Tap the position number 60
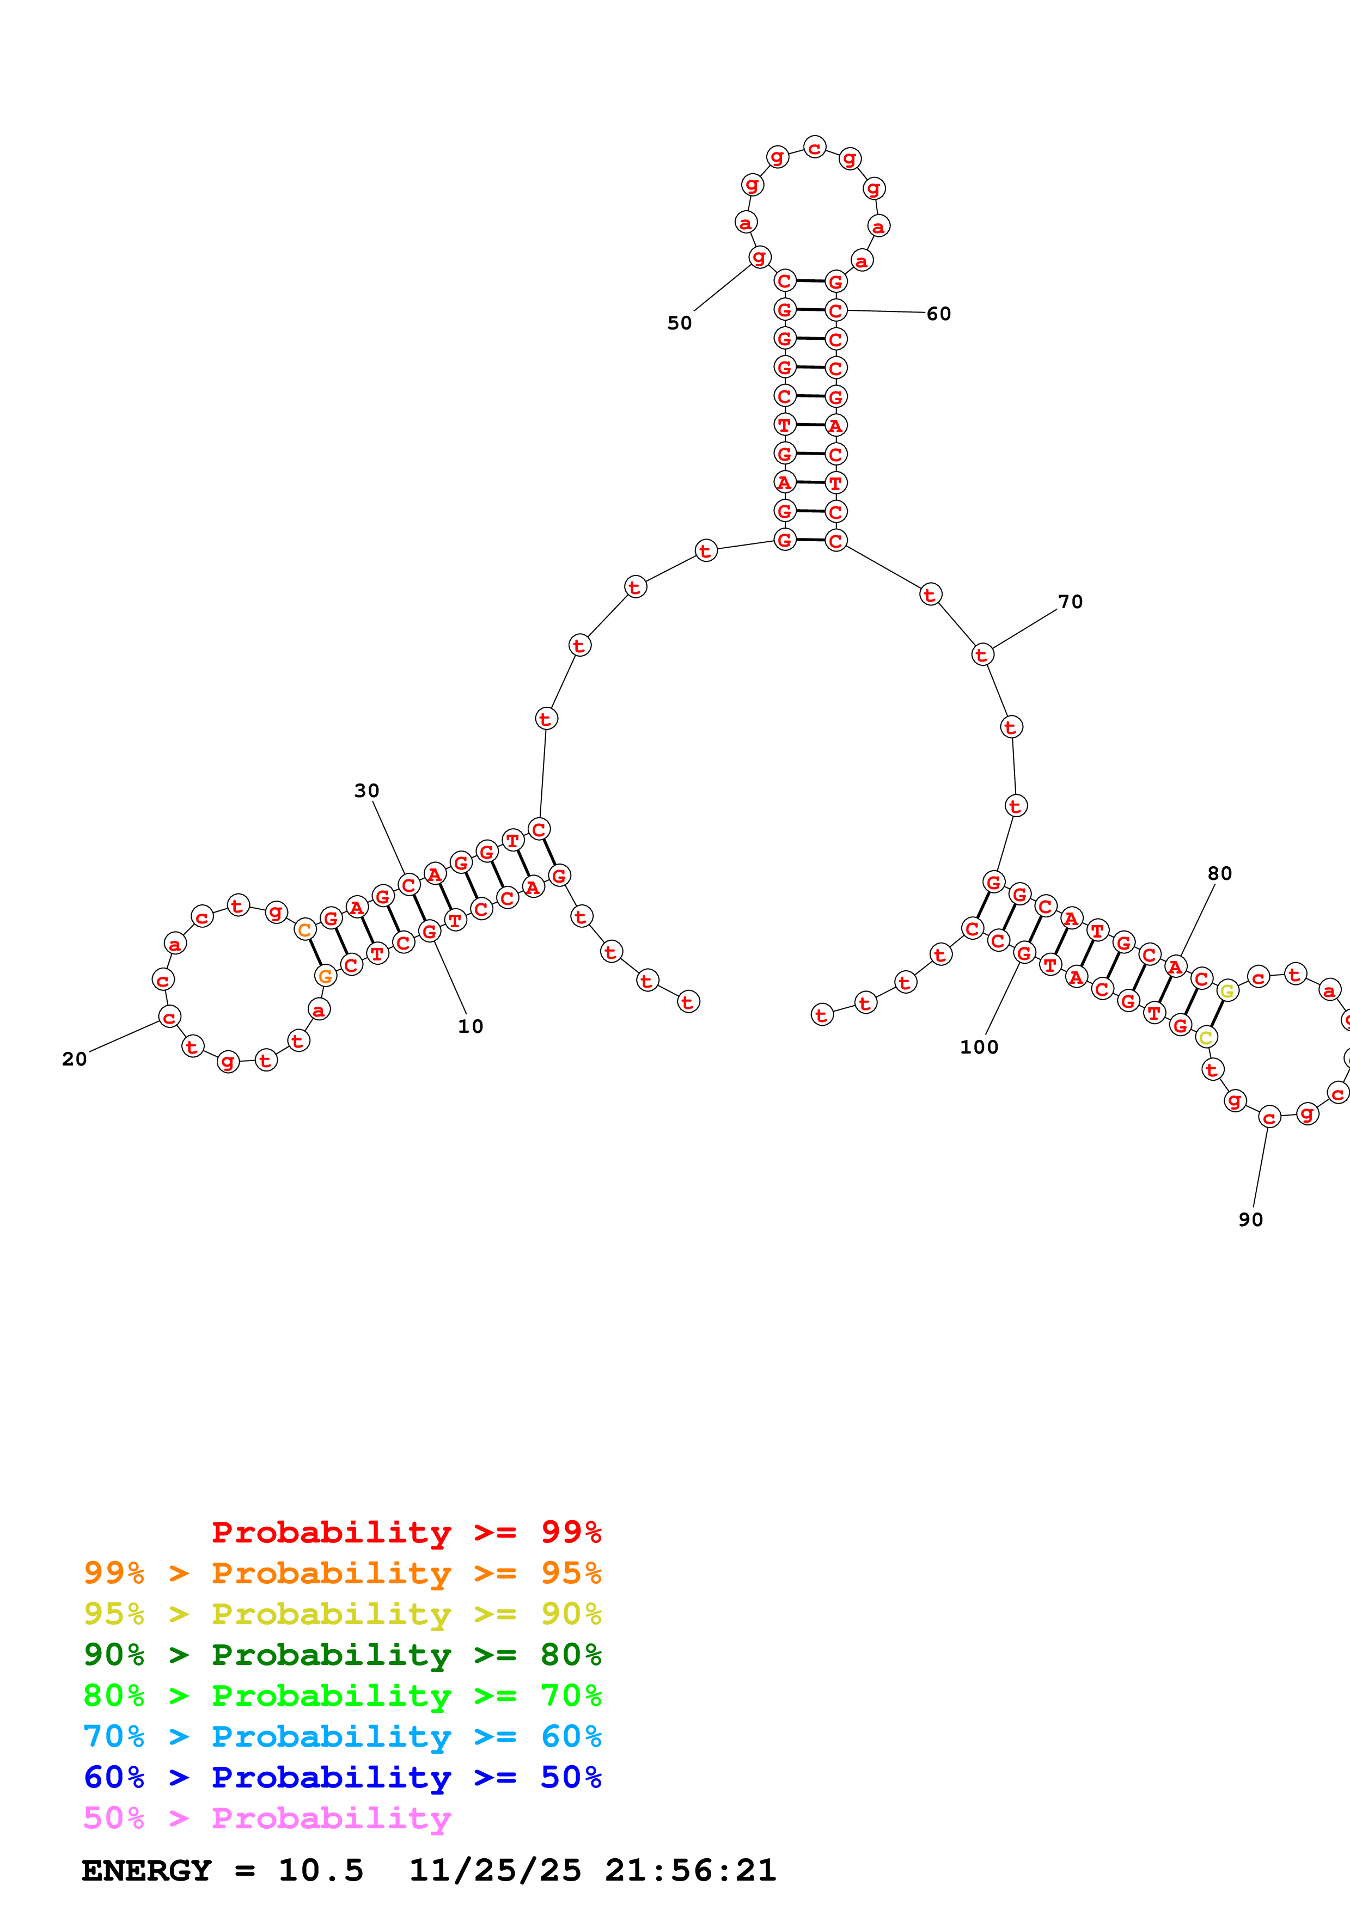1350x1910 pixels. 938,314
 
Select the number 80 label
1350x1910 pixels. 1219,873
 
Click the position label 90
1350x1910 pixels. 1250,1220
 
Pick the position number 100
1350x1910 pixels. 979,1048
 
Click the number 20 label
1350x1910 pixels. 74,1059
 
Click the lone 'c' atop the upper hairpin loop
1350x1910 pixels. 814,147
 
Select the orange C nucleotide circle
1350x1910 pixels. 306,930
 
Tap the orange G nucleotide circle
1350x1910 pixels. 325,976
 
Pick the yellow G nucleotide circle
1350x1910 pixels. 1226,991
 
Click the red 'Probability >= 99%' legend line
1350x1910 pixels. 406,1532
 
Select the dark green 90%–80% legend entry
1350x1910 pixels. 342,1655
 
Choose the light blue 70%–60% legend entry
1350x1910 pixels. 342,1736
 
